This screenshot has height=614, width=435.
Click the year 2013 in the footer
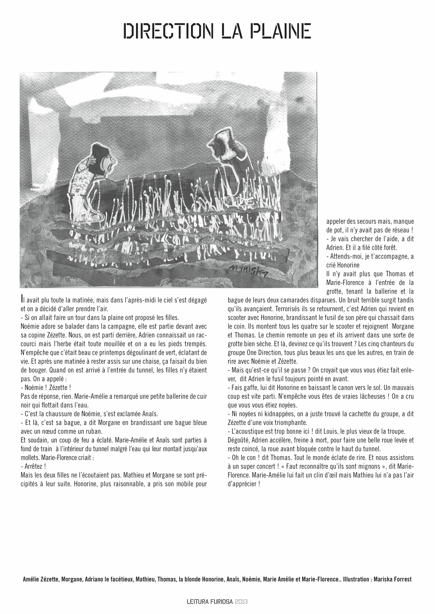point(242,602)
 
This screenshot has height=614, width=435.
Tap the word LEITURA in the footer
point(198,602)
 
